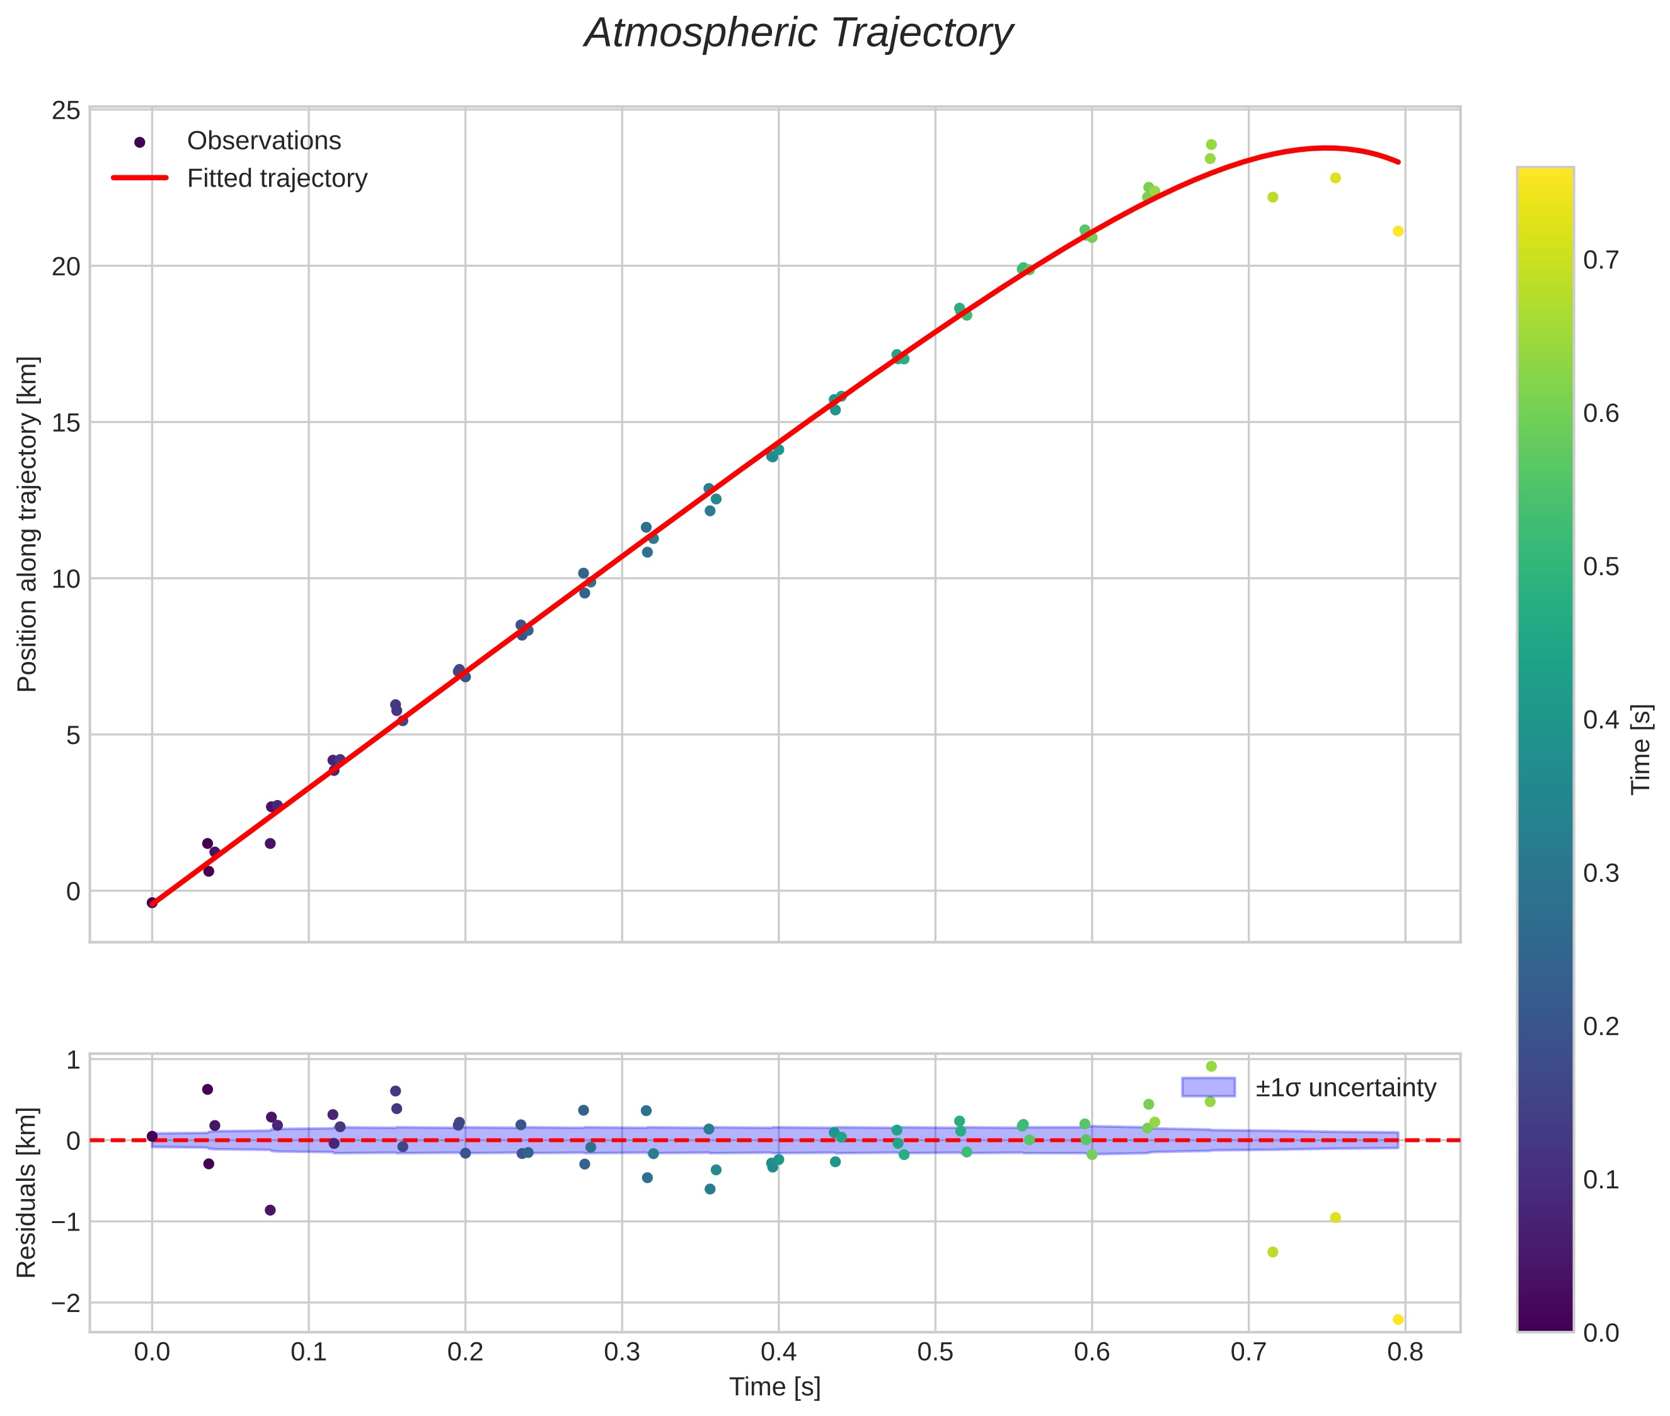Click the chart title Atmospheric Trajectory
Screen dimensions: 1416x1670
[x=798, y=33]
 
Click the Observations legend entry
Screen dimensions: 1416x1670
[x=263, y=141]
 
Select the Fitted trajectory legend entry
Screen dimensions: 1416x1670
[x=277, y=178]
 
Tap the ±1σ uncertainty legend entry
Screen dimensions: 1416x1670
[x=1345, y=1088]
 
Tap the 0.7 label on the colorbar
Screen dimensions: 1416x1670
[x=1600, y=260]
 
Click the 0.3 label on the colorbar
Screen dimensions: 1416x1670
[x=1600, y=873]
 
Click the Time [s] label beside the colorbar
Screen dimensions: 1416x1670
[x=1642, y=749]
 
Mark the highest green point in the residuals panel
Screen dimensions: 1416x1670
[x=1211, y=1066]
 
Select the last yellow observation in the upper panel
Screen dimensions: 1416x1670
[x=1398, y=231]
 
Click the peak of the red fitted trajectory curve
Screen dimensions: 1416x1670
[x=1326, y=148]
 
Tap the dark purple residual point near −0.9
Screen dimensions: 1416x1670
[x=270, y=1210]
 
